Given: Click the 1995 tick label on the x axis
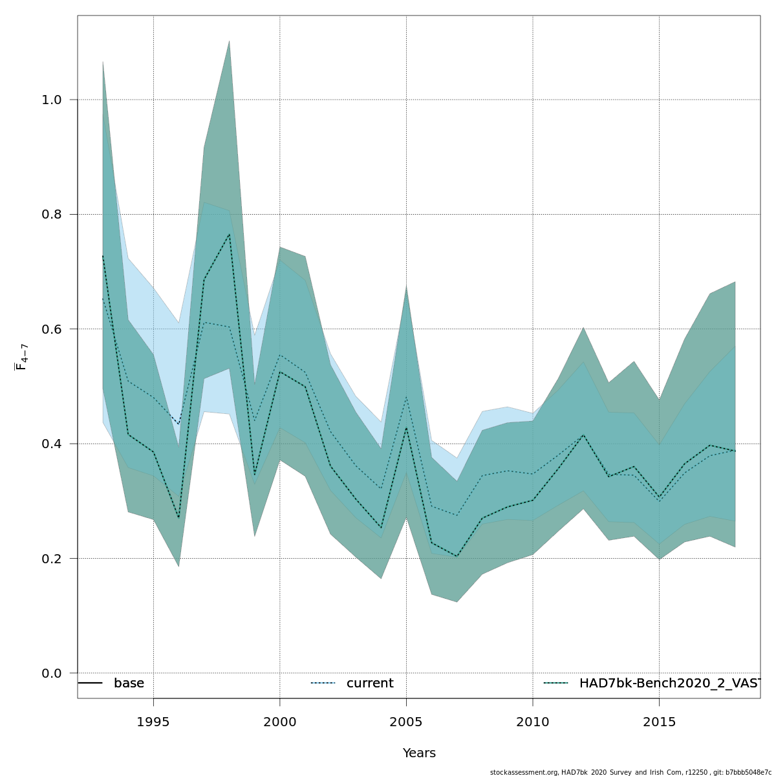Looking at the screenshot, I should [x=153, y=722].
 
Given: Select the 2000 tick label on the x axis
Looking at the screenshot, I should [x=280, y=722].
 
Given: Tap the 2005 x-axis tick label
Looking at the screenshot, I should [x=406, y=722].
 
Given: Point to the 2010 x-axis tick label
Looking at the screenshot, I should [x=533, y=722].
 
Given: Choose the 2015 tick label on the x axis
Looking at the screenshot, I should [x=659, y=722].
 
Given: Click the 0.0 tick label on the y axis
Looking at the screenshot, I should [x=52, y=673].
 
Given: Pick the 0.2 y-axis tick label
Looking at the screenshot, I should [x=52, y=559].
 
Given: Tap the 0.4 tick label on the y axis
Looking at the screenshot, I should [x=52, y=444].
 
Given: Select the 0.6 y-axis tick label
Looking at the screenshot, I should [x=52, y=329].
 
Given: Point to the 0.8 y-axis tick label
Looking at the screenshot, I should [x=52, y=215].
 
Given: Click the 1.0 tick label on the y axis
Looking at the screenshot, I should [x=52, y=100].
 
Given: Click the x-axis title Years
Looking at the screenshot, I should [x=419, y=753].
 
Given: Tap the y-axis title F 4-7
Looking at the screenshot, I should [x=21, y=357].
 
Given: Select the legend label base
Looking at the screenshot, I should [x=129, y=684].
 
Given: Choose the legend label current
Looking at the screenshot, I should [x=370, y=684].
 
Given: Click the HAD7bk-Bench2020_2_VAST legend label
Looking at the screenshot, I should [x=670, y=684].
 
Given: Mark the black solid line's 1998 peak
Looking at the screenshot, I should [x=229, y=234].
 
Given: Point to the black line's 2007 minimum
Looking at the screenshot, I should [x=457, y=556].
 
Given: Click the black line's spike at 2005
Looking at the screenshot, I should [x=406, y=427].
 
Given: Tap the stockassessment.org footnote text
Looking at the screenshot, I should [x=630, y=772].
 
